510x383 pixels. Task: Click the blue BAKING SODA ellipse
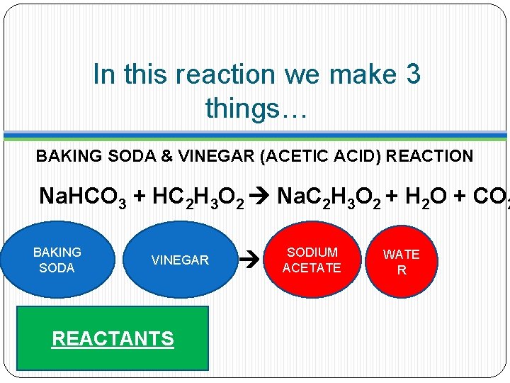(57, 260)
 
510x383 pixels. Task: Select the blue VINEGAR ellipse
(180, 260)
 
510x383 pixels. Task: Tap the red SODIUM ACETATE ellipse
(312, 260)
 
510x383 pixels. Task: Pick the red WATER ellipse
(402, 262)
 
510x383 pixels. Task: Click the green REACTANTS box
(113, 338)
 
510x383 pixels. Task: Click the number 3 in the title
(412, 74)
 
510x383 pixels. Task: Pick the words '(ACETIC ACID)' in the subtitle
(322, 156)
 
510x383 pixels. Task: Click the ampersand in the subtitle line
(167, 156)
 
